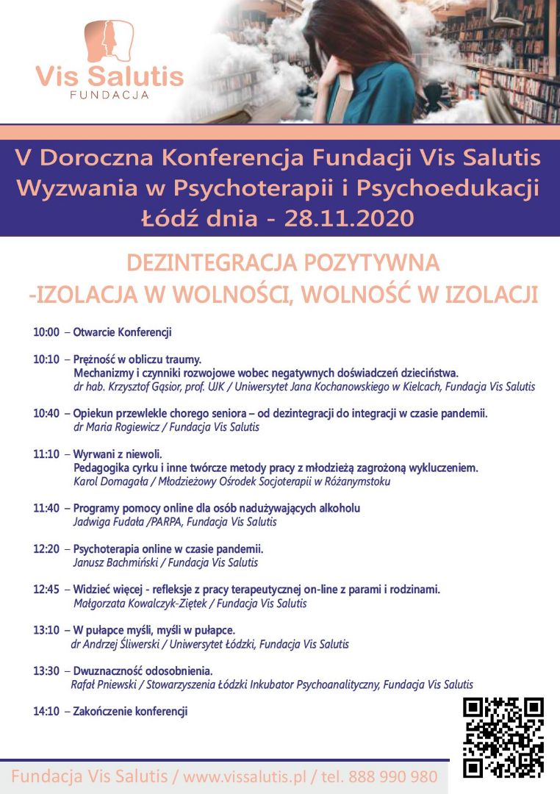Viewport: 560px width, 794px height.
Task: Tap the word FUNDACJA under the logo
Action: pyautogui.click(x=110, y=95)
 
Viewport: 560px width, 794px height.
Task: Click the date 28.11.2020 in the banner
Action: pyautogui.click(x=351, y=218)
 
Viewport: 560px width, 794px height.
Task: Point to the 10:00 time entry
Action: pyautogui.click(x=46, y=332)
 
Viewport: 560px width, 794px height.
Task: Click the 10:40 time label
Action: pyautogui.click(x=46, y=413)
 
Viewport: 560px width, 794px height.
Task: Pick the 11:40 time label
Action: pyautogui.click(x=46, y=508)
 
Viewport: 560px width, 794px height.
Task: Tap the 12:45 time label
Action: pyautogui.click(x=46, y=590)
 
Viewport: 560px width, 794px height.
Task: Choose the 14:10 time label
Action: pyautogui.click(x=46, y=711)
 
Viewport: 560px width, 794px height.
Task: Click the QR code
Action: pyautogui.click(x=503, y=737)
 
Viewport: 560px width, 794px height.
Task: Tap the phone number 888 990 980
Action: pyautogui.click(x=393, y=776)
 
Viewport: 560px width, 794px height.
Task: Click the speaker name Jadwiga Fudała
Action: pyautogui.click(x=108, y=522)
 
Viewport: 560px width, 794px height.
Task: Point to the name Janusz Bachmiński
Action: pyautogui.click(x=114, y=562)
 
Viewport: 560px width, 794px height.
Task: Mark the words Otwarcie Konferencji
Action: pyautogui.click(x=122, y=332)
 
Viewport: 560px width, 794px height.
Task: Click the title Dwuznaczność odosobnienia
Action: pyautogui.click(x=143, y=670)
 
